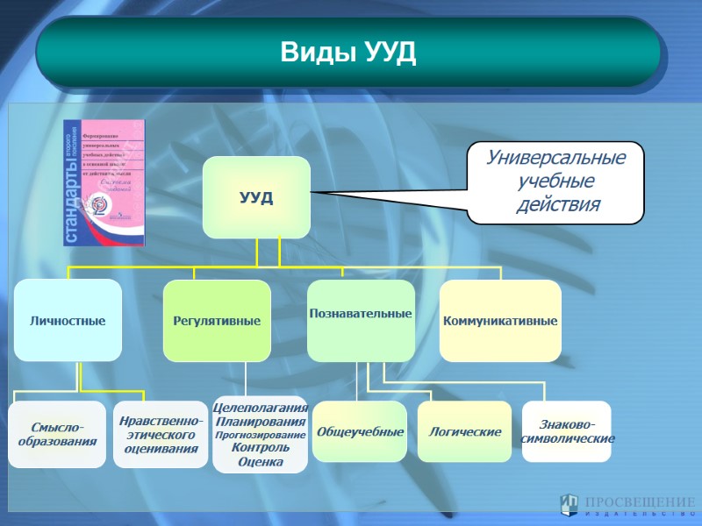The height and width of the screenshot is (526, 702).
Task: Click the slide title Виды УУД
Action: coord(348,53)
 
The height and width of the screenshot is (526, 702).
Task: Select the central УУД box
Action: coord(256,197)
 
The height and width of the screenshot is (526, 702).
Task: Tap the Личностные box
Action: coord(68,320)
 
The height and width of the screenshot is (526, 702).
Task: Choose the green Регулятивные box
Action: coord(217,321)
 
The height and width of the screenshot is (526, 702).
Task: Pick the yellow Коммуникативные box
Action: coord(500,321)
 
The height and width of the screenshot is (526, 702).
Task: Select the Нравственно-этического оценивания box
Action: coord(161,433)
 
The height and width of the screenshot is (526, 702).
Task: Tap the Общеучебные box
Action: coord(360,432)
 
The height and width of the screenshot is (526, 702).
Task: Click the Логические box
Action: coord(464,432)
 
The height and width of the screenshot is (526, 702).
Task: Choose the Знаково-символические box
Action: coord(567,431)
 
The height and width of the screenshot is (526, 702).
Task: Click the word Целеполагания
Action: coord(260,408)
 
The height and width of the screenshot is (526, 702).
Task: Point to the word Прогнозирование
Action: coord(260,434)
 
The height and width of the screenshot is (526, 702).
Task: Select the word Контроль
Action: coord(260,447)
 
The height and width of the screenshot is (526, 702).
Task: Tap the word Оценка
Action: coord(260,461)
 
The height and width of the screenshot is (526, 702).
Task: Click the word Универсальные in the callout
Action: coord(556,159)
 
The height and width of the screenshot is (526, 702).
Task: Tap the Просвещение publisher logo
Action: coord(627,505)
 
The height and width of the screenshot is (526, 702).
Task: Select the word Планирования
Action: coord(260,421)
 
